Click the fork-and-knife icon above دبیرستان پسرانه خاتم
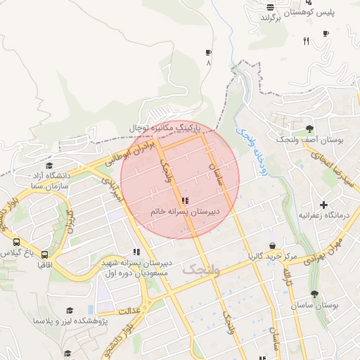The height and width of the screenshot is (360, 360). point(184,200)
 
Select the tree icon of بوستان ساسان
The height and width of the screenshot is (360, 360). point(314,295)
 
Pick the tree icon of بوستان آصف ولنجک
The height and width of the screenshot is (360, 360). point(309,129)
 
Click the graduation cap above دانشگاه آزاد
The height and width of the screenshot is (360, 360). point(49,164)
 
